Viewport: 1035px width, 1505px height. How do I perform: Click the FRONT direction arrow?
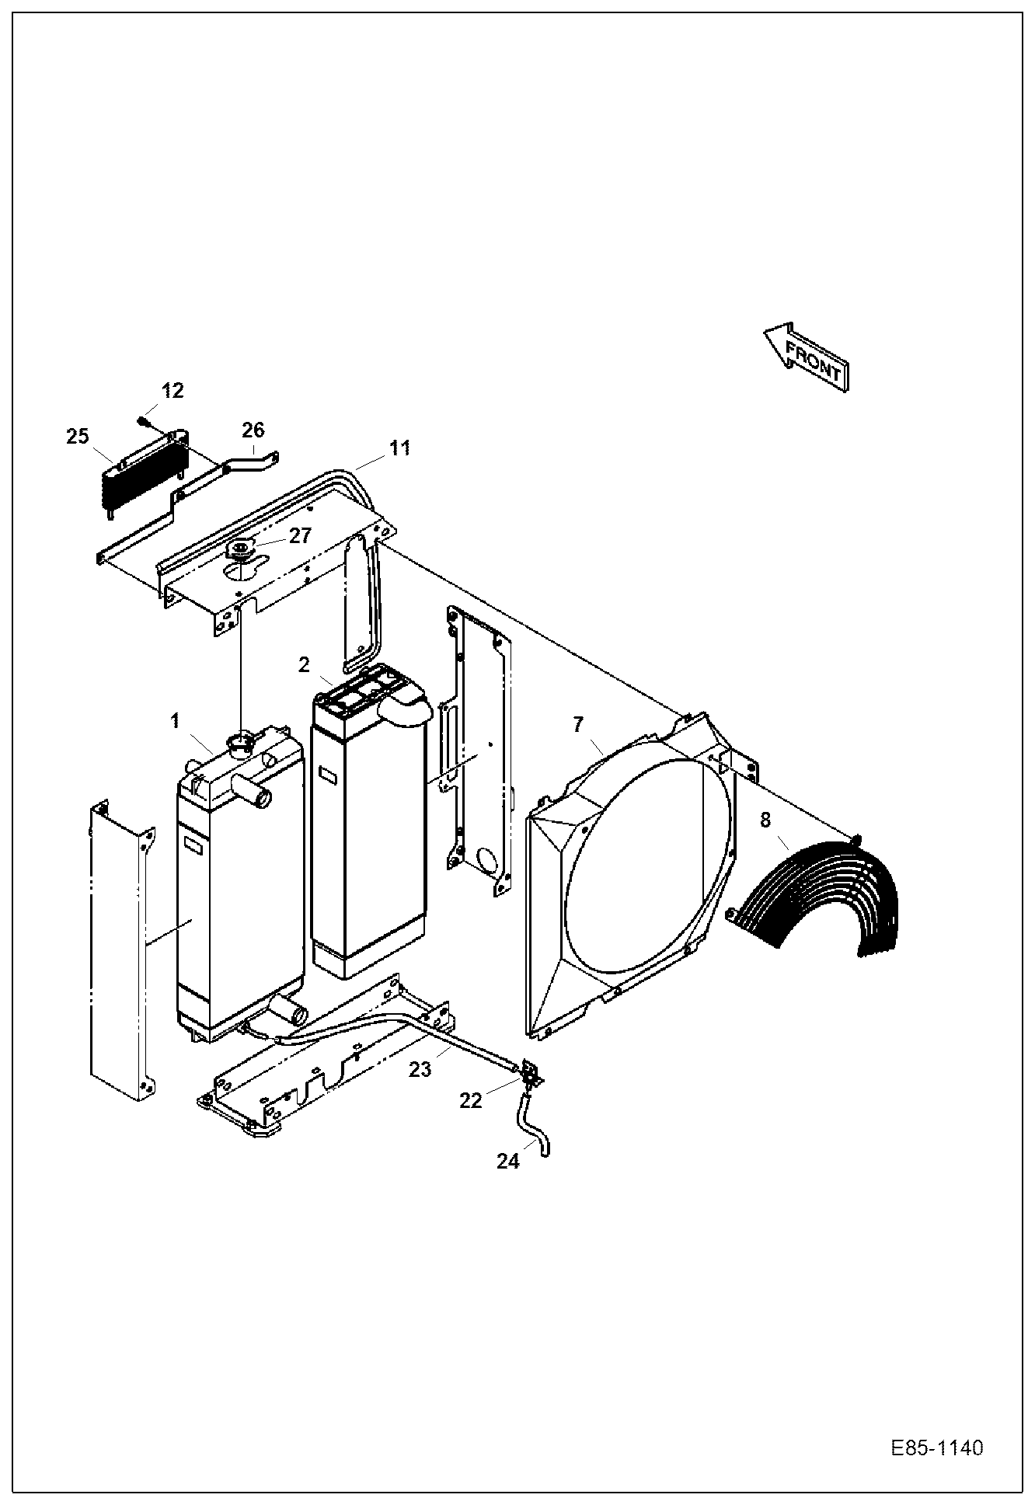[x=807, y=357]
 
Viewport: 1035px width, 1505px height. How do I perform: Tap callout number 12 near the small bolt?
[x=172, y=391]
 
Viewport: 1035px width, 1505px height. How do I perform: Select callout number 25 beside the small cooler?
[x=78, y=437]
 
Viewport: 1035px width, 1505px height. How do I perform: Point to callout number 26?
[x=253, y=430]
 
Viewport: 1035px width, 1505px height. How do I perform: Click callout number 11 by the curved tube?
[x=399, y=448]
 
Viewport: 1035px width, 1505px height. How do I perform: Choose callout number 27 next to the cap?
[x=301, y=535]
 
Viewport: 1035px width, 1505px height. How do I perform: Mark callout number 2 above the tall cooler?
[x=304, y=664]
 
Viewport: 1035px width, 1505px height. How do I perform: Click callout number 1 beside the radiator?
[x=176, y=721]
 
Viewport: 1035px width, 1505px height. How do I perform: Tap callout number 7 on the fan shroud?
[x=577, y=725]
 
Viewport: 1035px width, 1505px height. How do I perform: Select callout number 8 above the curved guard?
[x=765, y=820]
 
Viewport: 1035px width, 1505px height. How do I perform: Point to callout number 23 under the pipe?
[x=420, y=1069]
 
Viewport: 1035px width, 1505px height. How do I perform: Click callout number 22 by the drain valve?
[x=471, y=1100]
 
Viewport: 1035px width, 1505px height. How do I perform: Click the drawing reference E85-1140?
[x=937, y=1448]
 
